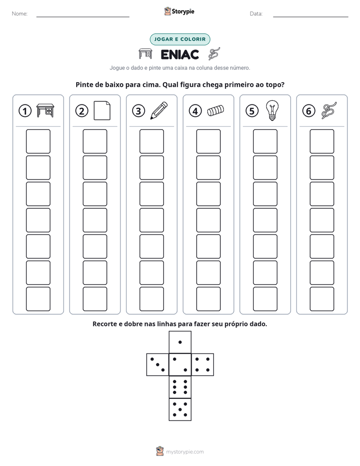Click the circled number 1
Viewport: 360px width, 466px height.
pyautogui.click(x=25, y=111)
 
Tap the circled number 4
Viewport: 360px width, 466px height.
pyautogui.click(x=195, y=111)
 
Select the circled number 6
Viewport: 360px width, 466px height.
pyautogui.click(x=309, y=111)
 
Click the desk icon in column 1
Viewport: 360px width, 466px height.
pyautogui.click(x=45, y=110)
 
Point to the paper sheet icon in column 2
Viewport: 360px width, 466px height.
pyautogui.click(x=102, y=110)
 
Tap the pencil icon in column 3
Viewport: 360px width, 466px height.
pyautogui.click(x=159, y=110)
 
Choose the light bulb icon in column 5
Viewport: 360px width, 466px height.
pyautogui.click(x=272, y=110)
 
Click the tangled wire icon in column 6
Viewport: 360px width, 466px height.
pyautogui.click(x=329, y=110)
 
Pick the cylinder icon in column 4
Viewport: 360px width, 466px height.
pyautogui.click(x=216, y=110)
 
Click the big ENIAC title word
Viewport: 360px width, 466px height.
pyautogui.click(x=179, y=54)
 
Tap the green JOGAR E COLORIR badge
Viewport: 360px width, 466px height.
pyautogui.click(x=180, y=39)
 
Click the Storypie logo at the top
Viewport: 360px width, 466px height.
pyautogui.click(x=179, y=11)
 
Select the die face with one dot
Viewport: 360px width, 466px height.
pyautogui.click(x=180, y=342)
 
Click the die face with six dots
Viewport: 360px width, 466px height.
pyautogui.click(x=180, y=387)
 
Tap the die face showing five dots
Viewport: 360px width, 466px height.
pyautogui.click(x=180, y=410)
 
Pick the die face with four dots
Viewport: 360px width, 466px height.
pyautogui.click(x=203, y=365)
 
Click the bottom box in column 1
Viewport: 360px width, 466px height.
pyautogui.click(x=38, y=299)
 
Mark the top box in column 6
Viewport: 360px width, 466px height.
pyautogui.click(x=322, y=141)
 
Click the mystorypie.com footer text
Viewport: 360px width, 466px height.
pyautogui.click(x=185, y=452)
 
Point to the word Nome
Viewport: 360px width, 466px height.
pyautogui.click(x=20, y=14)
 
